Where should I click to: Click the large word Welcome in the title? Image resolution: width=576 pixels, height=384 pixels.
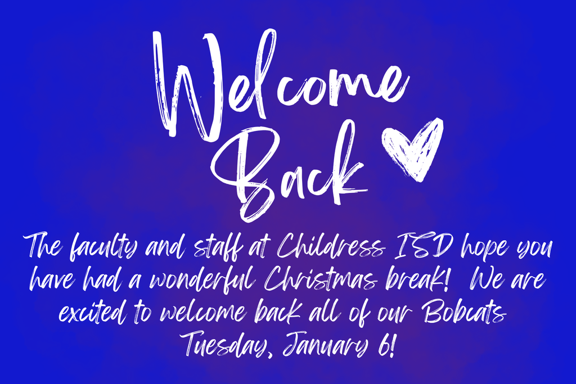click(278, 84)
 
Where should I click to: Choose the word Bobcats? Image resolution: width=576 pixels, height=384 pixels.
click(463, 311)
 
